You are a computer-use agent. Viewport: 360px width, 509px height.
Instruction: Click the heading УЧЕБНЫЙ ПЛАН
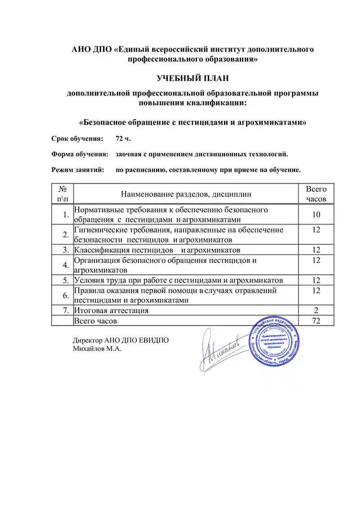[x=193, y=79]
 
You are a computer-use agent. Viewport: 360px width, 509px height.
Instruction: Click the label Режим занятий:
[x=77, y=171]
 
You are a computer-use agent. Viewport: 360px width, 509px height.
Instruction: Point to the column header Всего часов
[x=316, y=194]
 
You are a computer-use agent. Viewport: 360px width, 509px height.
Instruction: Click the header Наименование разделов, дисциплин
[x=185, y=194]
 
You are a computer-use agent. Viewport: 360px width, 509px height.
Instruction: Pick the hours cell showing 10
[x=316, y=215]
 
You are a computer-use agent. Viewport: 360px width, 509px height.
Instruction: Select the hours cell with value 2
[x=316, y=311]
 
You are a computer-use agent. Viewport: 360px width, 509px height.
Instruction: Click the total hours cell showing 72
[x=316, y=320]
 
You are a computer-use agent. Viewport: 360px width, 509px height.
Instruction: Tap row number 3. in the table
[x=66, y=250]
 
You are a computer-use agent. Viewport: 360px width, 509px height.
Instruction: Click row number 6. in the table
[x=66, y=295]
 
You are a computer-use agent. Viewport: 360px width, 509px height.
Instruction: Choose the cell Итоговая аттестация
[x=111, y=311]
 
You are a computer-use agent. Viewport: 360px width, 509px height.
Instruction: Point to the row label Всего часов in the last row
[x=95, y=320]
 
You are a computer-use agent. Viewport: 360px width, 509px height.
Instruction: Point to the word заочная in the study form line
[x=128, y=154]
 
